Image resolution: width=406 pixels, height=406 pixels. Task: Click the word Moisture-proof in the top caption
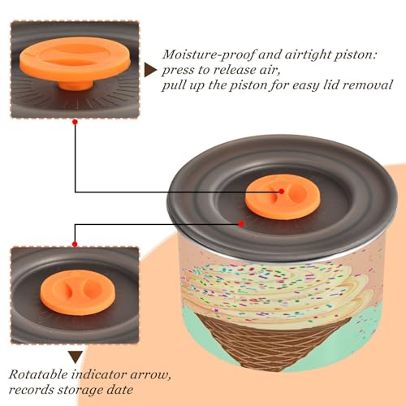coord(209,55)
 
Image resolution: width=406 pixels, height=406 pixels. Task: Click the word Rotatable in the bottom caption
coord(38,375)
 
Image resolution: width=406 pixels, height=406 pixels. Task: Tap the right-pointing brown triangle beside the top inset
coord(150,71)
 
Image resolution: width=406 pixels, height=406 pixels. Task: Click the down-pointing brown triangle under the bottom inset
coord(76,357)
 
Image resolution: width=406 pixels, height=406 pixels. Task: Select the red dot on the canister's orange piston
coord(282,192)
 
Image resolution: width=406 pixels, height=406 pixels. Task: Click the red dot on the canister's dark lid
coord(241,224)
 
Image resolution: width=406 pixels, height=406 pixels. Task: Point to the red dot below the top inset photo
coord(76,123)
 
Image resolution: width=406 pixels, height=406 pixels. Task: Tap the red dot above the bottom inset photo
coord(75,244)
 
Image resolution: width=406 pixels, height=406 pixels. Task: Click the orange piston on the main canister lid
coord(283,197)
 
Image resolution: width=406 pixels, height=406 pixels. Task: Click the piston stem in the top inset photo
coord(76,85)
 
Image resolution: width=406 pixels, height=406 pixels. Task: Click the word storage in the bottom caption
coord(80,391)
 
